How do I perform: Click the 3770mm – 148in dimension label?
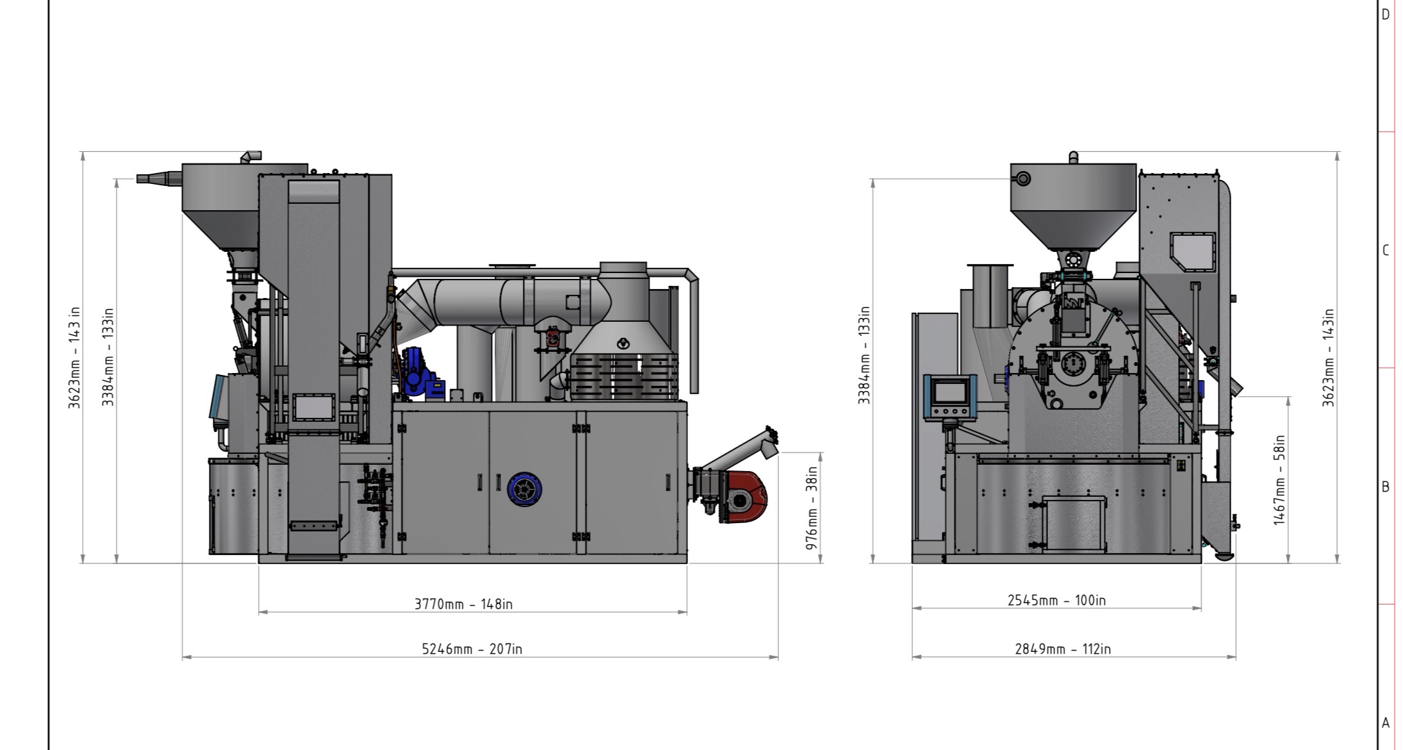[x=463, y=604]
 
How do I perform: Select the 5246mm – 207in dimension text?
[x=472, y=649]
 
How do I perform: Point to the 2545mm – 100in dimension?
[x=1056, y=600]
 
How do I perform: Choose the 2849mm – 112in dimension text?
[x=1063, y=649]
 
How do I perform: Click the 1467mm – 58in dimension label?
[x=1279, y=480]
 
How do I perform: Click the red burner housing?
[x=744, y=497]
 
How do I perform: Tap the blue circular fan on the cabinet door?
[x=524, y=490]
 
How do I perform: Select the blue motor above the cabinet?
[x=420, y=372]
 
